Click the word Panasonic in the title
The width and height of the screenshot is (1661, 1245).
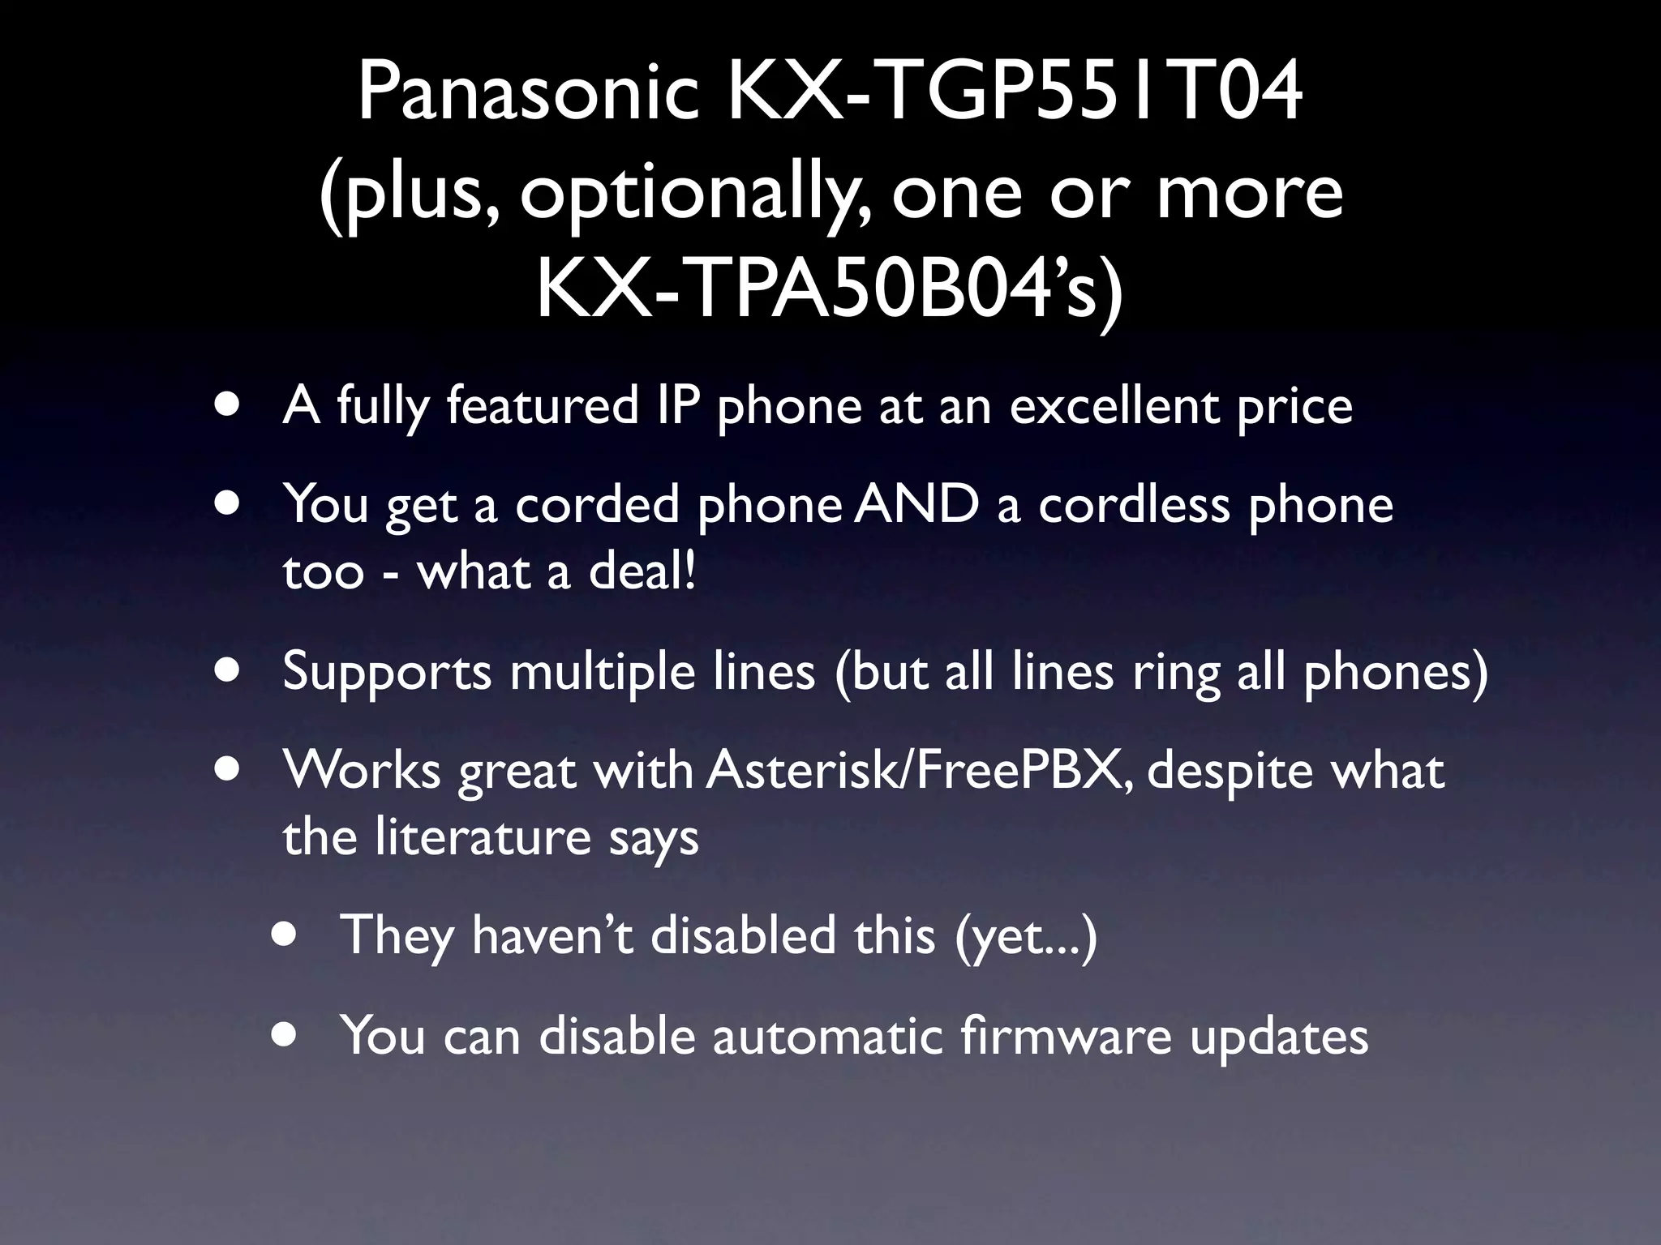coord(528,93)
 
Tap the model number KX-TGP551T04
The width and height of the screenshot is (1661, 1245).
coord(1015,93)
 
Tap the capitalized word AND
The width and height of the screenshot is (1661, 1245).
coord(916,504)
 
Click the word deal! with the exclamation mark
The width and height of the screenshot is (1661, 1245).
coord(642,571)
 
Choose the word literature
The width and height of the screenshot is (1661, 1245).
coord(483,836)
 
